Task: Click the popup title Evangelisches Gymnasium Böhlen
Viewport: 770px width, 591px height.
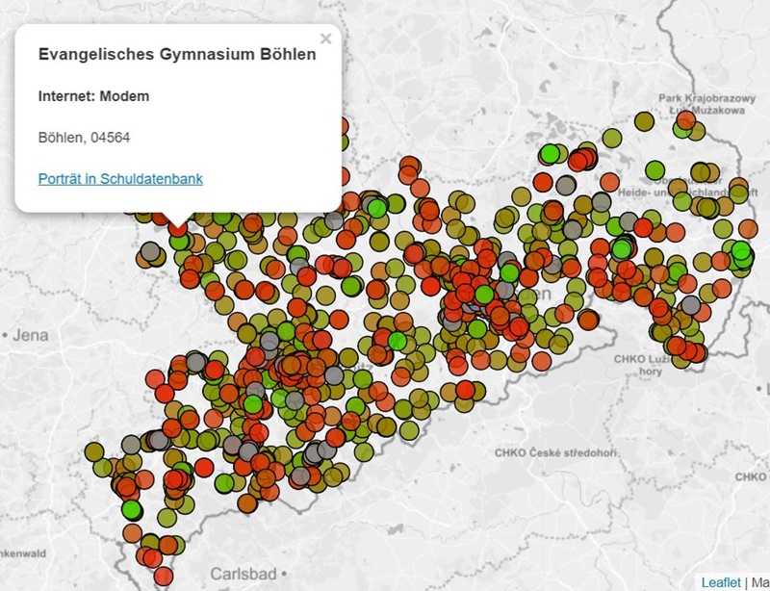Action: coord(176,55)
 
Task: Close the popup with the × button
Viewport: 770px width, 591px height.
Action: coord(325,39)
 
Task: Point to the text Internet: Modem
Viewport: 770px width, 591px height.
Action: coord(93,96)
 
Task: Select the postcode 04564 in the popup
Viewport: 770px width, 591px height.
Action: coord(111,138)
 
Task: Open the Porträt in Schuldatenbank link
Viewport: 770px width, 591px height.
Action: coord(120,179)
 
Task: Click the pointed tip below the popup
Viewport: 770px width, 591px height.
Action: coord(178,222)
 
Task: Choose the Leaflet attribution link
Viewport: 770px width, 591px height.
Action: coord(720,582)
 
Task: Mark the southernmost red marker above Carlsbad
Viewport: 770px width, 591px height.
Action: coord(163,576)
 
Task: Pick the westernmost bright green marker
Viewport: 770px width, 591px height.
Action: coord(132,508)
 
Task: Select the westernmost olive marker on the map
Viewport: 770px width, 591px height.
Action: coord(94,451)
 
